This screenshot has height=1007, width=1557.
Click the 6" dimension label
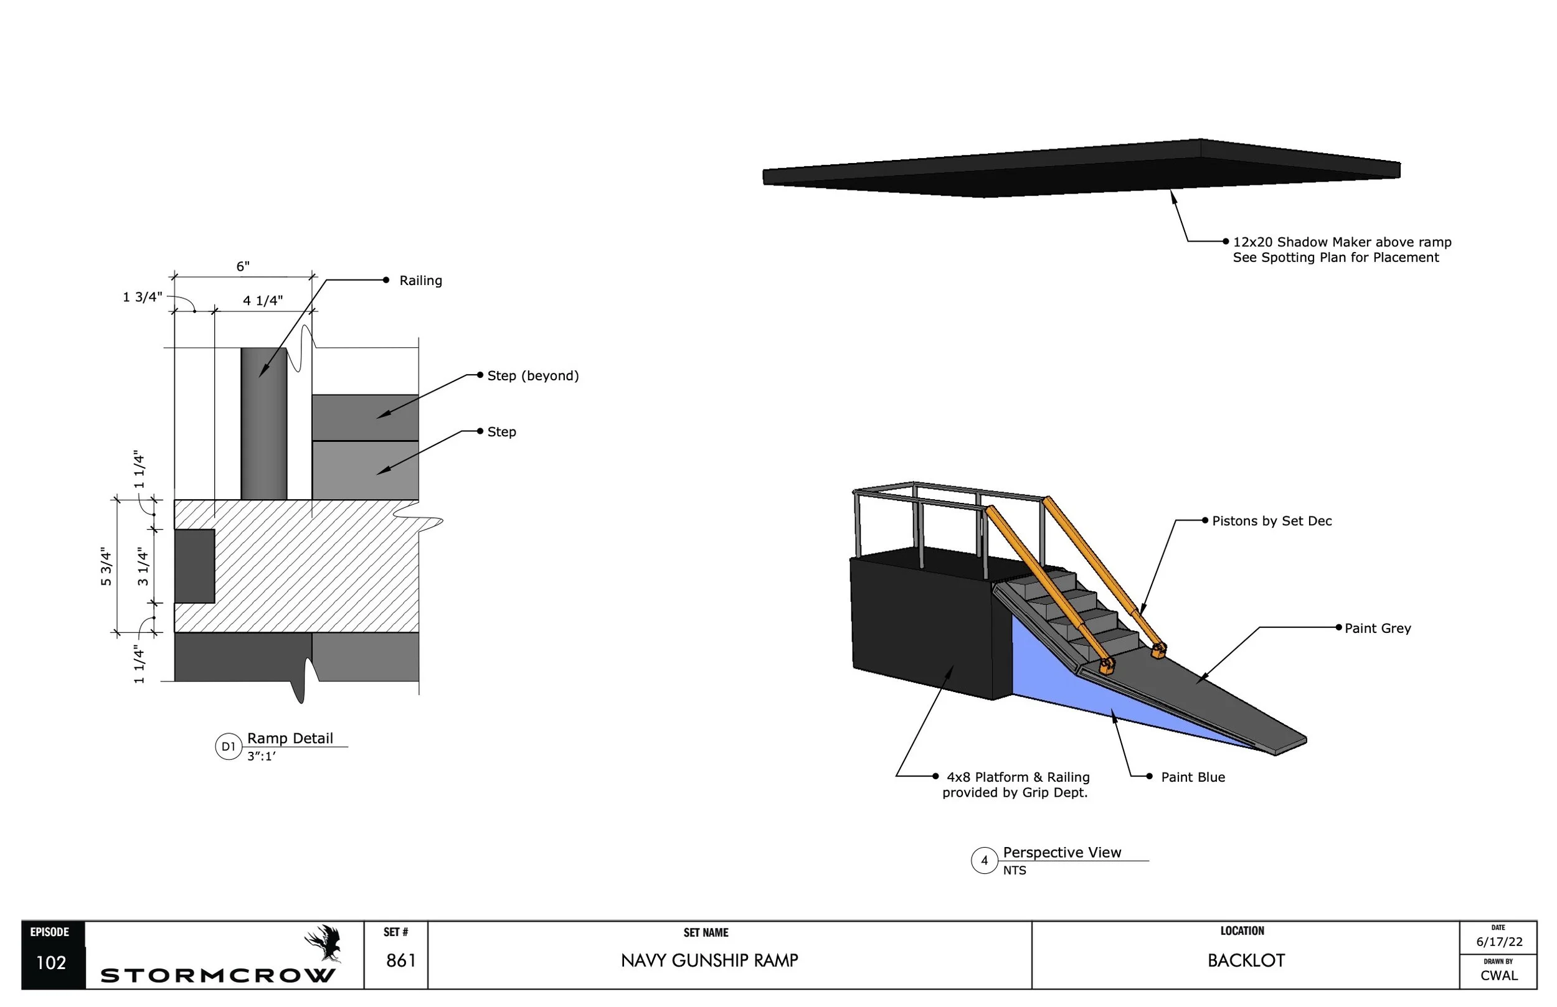(243, 266)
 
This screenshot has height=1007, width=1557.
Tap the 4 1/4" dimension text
(263, 301)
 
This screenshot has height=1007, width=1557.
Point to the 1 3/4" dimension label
(143, 297)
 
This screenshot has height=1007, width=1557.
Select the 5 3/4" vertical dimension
(106, 566)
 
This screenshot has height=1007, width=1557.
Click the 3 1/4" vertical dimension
(143, 566)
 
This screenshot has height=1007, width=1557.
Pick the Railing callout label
(420, 281)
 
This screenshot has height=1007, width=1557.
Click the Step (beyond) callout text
(532, 376)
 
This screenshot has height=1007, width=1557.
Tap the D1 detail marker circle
(229, 747)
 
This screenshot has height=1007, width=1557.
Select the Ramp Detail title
(290, 738)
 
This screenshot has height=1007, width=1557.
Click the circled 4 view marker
(984, 861)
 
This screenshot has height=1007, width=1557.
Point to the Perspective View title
(1062, 853)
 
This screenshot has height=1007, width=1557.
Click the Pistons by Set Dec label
(1271, 521)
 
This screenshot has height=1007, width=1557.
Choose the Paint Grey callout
(1377, 629)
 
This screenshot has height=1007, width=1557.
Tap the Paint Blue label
(1193, 777)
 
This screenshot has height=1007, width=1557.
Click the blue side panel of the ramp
(1073, 686)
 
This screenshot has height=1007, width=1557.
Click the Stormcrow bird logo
(324, 943)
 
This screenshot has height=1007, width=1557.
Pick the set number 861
(401, 960)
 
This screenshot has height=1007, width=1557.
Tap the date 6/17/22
(1499, 942)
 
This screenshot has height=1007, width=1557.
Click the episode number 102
(51, 963)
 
